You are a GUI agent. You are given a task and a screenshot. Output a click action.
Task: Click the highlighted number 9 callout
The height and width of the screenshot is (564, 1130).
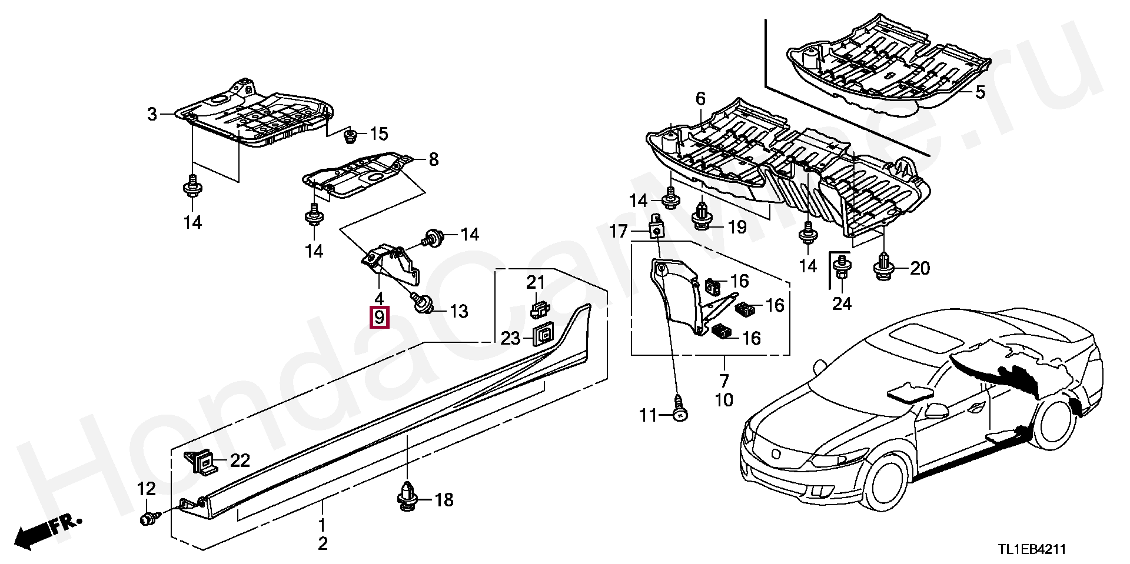coord(379,318)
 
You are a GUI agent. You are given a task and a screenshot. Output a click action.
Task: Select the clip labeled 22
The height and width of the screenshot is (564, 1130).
coord(201,460)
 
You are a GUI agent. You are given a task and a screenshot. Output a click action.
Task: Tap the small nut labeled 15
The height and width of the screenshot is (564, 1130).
coord(350,135)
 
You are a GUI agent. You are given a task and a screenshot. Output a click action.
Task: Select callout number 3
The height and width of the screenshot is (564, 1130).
coord(152,114)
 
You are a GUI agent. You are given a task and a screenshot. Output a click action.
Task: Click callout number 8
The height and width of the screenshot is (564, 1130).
coord(434,159)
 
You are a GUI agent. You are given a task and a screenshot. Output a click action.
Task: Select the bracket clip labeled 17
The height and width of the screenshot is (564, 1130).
coord(656,225)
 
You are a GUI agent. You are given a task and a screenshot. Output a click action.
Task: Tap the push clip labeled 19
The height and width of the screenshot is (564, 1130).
coord(701,215)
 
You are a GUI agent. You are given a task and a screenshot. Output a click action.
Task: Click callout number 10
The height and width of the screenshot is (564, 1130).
coord(724,401)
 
